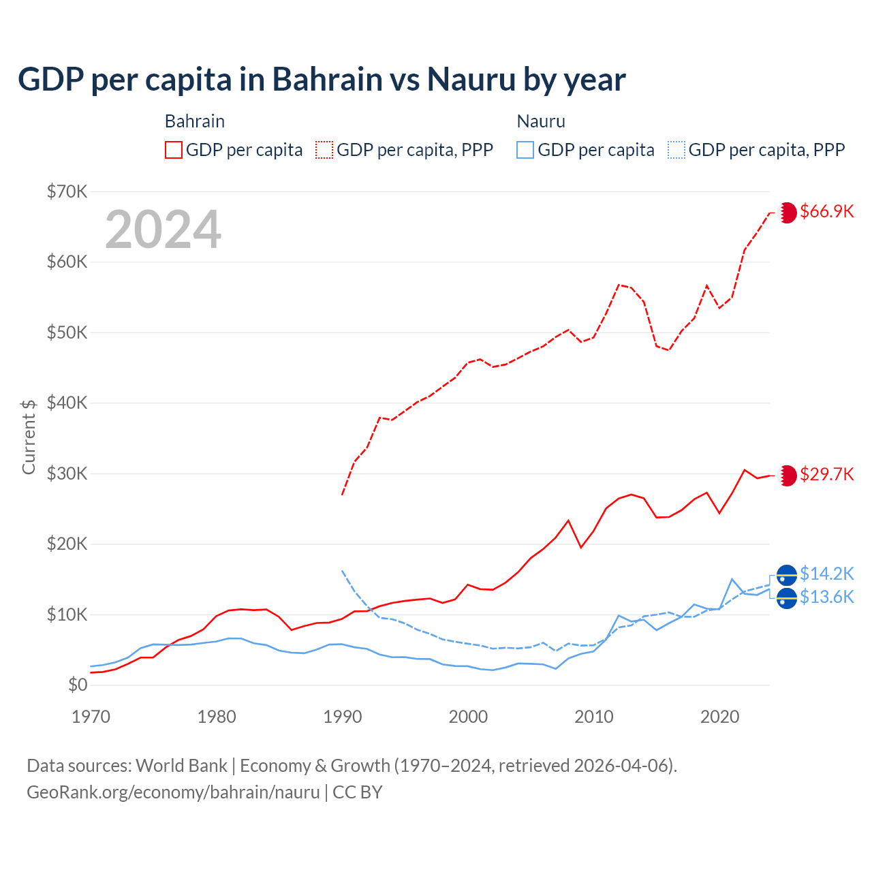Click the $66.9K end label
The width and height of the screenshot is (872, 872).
pos(826,211)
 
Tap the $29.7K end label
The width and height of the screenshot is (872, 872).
pos(826,474)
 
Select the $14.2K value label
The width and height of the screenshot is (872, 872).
pos(826,574)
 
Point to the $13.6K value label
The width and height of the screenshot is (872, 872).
pos(826,597)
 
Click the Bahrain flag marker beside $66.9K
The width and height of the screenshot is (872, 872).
pos(787,213)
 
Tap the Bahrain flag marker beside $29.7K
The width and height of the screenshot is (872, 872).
pos(787,476)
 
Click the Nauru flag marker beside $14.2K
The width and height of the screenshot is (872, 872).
pos(787,576)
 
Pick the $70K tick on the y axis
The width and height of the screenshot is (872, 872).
pos(67,191)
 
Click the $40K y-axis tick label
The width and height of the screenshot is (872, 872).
pos(67,403)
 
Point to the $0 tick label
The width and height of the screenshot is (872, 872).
pos(78,685)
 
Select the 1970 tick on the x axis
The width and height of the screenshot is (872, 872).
pos(91,717)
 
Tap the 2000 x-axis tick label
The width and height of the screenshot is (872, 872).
pos(468,717)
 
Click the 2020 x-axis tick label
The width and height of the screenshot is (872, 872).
pos(720,717)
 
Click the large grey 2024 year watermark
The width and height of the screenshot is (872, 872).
pos(163,230)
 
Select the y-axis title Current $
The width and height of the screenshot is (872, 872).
pos(29,437)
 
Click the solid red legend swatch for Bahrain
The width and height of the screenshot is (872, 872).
pos(174,150)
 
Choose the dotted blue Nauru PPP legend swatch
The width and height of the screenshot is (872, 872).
pos(676,150)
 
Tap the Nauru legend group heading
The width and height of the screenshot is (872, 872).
pos(541,121)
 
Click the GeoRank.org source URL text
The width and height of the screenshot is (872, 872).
pos(173,792)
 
